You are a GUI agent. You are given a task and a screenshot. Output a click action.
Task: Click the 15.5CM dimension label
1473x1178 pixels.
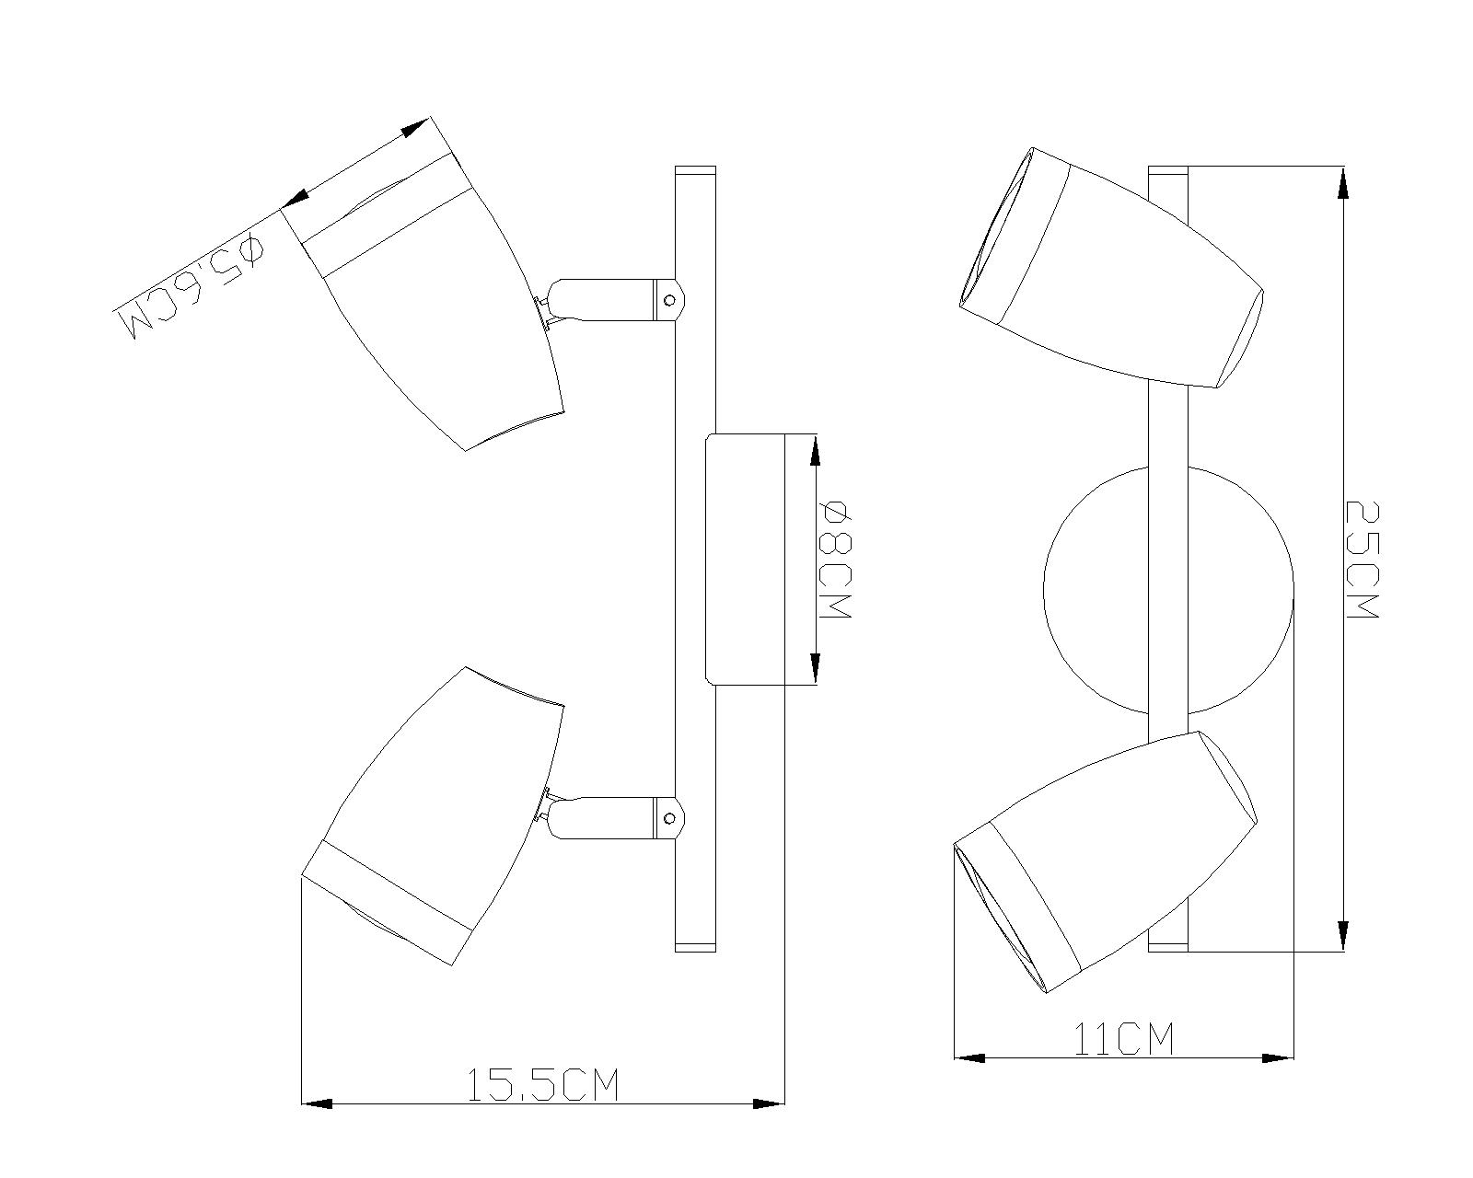tap(542, 1085)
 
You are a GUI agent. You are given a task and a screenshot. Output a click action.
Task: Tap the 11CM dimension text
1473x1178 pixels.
tap(1123, 1040)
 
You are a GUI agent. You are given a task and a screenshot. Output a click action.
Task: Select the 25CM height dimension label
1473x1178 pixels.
tap(1362, 560)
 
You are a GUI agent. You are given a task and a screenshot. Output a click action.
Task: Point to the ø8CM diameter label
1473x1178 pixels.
tap(837, 560)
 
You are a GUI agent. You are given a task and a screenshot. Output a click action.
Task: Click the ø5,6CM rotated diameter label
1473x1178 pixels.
tap(189, 286)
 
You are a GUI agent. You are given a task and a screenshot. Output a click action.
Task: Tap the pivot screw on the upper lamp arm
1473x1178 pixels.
tap(671, 300)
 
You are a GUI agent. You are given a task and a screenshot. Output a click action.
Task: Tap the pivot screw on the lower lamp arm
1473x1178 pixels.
tap(671, 818)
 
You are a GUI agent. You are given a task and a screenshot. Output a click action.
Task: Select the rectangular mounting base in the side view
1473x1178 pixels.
tap(745, 560)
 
